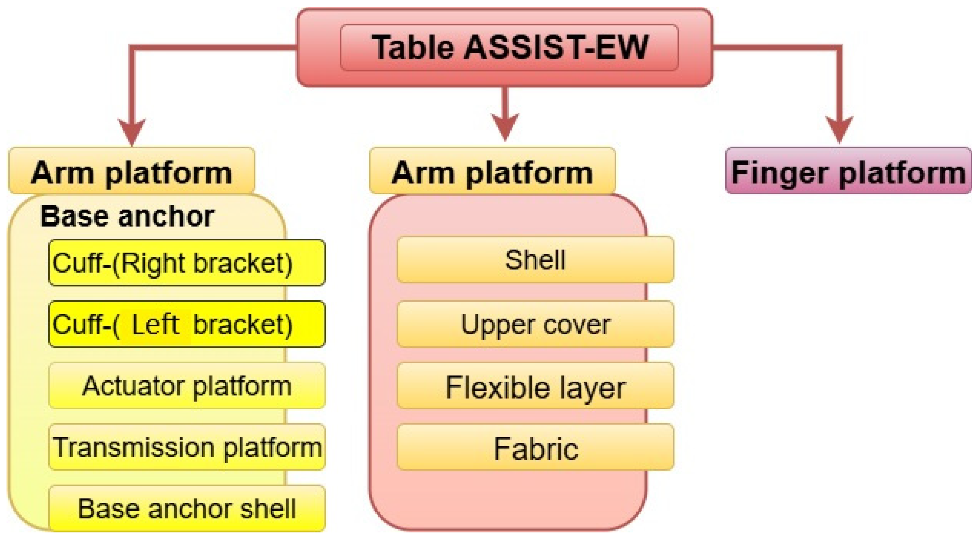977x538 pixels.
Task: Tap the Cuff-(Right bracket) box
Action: [x=187, y=263]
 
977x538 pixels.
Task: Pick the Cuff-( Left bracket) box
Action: [x=187, y=324]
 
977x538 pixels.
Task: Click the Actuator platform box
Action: [x=187, y=385]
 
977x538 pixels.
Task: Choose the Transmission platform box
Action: [x=187, y=447]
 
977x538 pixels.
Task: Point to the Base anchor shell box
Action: [x=187, y=508]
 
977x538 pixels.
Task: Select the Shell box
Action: [x=535, y=260]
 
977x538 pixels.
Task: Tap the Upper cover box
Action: [x=535, y=324]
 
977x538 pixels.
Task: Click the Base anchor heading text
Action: [x=127, y=217]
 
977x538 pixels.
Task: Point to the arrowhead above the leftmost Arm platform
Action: [x=132, y=131]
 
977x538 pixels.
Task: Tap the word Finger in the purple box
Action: [x=779, y=172]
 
